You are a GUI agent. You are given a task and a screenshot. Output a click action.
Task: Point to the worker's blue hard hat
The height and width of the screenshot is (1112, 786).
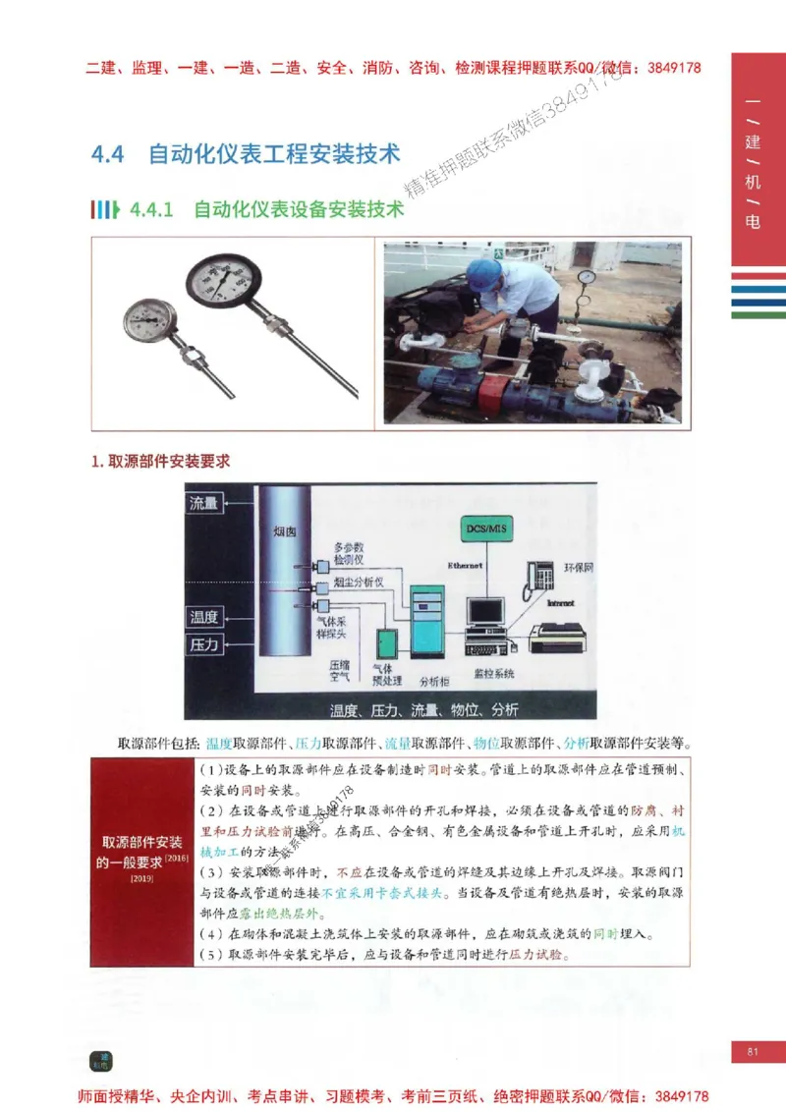click(483, 272)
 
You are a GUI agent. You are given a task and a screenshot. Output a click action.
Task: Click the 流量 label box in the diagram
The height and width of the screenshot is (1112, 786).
click(204, 503)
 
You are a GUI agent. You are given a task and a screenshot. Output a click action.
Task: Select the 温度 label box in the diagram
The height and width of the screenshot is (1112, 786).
click(204, 618)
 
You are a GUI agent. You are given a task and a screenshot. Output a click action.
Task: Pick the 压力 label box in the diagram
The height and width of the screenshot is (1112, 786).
click(204, 645)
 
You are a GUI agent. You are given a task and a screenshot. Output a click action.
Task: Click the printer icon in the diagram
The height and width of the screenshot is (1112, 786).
click(557, 638)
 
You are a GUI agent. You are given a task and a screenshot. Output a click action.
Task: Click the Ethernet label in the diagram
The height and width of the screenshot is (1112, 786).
click(466, 566)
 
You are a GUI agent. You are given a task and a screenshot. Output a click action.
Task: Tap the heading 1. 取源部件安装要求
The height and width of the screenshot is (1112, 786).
click(160, 460)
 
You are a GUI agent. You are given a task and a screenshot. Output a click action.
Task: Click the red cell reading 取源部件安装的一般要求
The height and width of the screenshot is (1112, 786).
click(140, 854)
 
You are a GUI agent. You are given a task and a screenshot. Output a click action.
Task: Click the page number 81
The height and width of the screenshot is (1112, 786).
click(754, 1052)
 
